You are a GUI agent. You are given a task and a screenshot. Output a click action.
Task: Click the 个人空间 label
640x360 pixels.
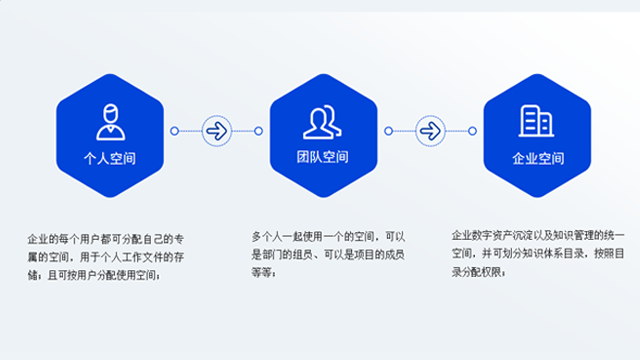tap(110, 158)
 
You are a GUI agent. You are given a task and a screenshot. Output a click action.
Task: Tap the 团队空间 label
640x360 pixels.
tap(322, 158)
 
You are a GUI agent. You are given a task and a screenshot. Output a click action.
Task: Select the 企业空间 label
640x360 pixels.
tap(537, 158)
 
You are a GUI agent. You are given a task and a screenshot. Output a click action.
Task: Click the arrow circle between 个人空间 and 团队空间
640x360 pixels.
tap(216, 130)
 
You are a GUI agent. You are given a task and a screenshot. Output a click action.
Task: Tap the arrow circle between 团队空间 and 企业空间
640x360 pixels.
tap(430, 130)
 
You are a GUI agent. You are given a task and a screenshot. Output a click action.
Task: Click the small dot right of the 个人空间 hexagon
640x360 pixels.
tap(174, 130)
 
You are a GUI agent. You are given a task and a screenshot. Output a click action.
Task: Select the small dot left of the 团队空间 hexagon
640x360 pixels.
tap(258, 130)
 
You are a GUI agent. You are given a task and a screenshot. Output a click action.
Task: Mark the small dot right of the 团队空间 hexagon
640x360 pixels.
tap(388, 130)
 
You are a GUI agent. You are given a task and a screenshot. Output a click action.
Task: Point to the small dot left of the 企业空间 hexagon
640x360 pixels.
tap(472, 130)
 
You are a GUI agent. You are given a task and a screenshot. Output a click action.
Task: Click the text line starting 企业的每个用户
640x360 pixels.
tap(106, 240)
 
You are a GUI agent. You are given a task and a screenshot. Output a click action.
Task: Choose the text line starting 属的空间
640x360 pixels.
tap(106, 257)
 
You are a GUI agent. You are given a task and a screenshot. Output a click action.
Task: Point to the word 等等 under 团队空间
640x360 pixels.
tap(262, 271)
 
